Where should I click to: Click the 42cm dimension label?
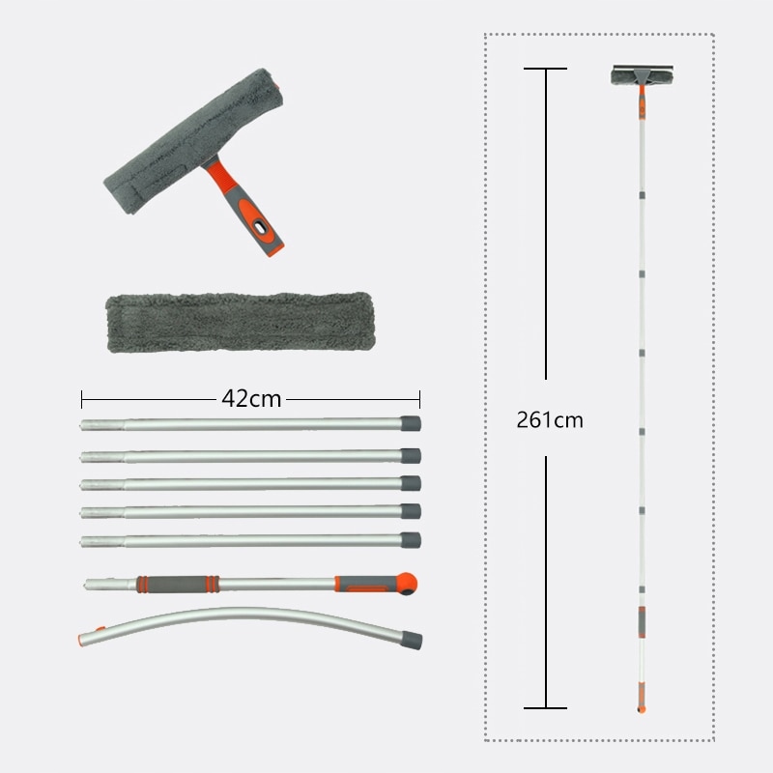pos(251,398)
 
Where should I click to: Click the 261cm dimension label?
pos(550,420)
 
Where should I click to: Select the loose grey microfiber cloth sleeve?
pos(241,322)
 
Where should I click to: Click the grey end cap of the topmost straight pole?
pos(410,423)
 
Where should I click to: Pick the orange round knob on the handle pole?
pos(407,584)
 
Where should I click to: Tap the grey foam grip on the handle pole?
pos(178,585)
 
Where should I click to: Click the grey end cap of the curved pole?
pos(412,640)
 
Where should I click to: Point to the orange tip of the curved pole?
pos(81,640)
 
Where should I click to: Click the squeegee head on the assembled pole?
pos(642,75)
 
